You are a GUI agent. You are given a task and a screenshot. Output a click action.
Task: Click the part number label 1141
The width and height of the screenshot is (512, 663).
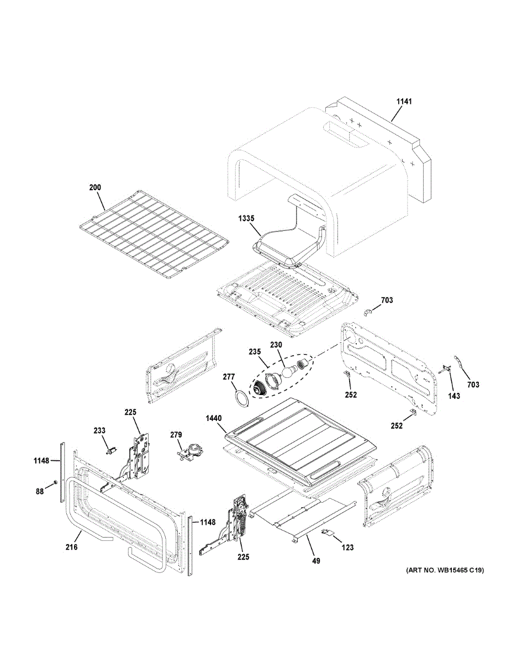click(404, 102)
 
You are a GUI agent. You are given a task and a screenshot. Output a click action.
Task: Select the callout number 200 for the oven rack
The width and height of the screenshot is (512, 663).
click(95, 188)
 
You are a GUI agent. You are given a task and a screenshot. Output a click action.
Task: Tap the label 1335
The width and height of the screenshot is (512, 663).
click(246, 218)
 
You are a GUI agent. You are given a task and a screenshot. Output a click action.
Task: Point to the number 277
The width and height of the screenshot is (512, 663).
click(229, 376)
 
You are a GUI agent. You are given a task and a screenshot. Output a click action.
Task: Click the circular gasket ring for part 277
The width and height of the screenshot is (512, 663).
click(241, 398)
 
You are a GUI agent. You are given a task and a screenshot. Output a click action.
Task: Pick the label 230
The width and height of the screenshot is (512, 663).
click(276, 345)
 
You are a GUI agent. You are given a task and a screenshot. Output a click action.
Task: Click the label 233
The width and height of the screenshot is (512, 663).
click(99, 431)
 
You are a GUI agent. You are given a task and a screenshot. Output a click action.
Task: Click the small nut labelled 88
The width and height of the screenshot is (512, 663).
click(55, 483)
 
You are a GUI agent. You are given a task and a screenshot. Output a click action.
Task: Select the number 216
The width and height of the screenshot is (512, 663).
click(71, 547)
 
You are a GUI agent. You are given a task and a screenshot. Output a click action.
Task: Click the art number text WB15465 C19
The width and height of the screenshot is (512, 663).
click(444, 570)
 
